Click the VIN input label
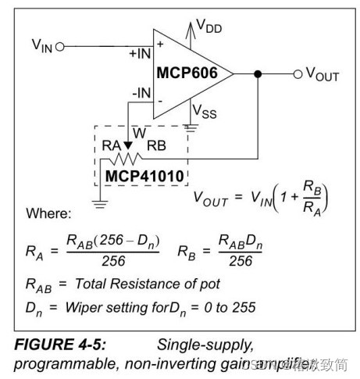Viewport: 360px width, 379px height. point(40,46)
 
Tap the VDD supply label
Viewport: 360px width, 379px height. point(208,27)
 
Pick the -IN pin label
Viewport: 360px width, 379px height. point(143,93)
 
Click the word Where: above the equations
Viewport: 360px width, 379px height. point(49,213)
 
